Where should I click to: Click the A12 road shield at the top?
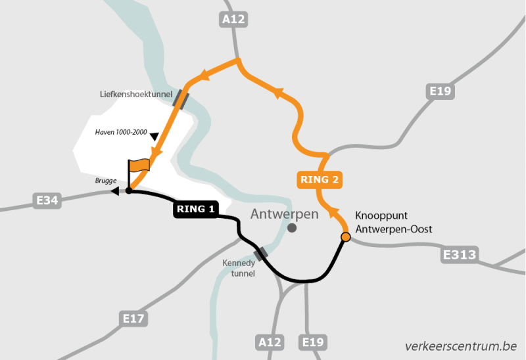[233, 20]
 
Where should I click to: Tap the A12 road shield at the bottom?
[270, 342]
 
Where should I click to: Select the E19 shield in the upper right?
[440, 91]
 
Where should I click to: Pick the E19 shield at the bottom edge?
[314, 342]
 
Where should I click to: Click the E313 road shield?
[460, 254]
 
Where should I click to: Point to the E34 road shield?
[47, 200]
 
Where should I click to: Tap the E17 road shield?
[133, 319]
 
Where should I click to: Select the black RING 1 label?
[195, 210]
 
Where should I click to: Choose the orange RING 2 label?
[321, 179]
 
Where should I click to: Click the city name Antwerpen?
[284, 214]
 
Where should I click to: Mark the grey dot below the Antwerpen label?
[292, 228]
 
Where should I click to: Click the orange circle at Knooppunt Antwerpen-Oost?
[345, 236]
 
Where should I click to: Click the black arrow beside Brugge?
[115, 191]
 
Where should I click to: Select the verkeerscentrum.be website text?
[460, 346]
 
